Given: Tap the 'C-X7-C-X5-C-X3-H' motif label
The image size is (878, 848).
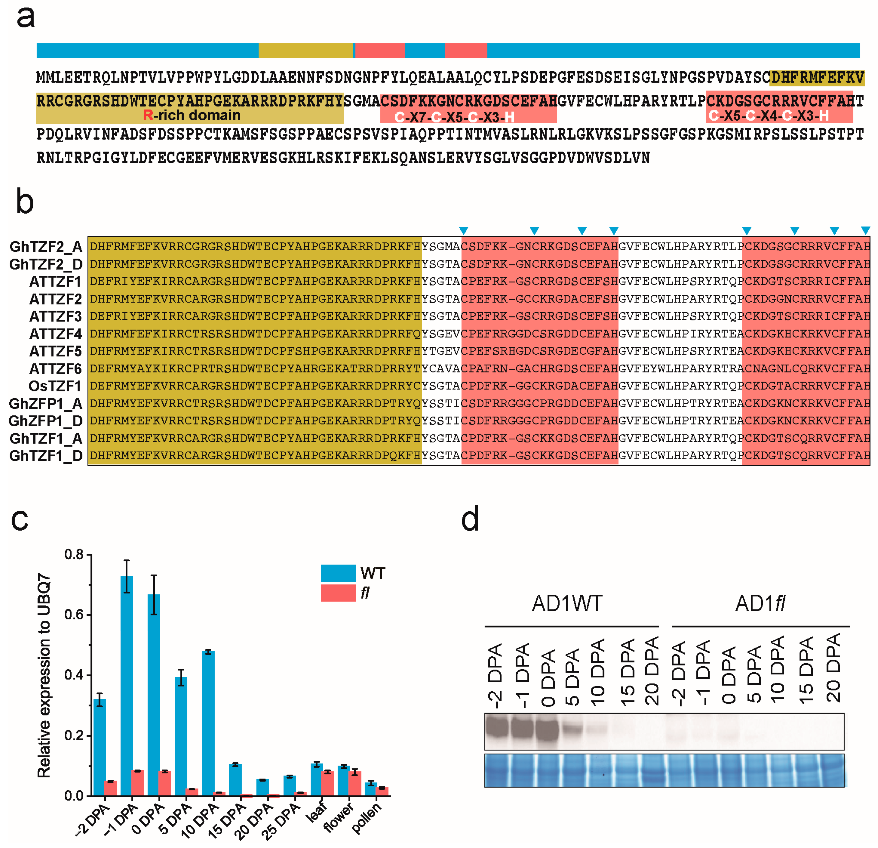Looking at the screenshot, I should tap(454, 118).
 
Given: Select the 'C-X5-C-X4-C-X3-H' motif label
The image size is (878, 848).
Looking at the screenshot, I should tap(769, 116).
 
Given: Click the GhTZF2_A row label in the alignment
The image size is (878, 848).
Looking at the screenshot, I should tap(46, 246).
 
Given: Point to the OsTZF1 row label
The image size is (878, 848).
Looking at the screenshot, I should tap(55, 386).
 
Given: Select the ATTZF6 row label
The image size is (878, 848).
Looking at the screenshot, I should tap(56, 368).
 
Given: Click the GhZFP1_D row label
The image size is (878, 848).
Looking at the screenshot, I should tap(46, 421).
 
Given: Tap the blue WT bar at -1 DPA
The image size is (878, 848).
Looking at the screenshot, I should tap(127, 686).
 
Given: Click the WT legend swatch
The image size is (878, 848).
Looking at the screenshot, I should tap(338, 573).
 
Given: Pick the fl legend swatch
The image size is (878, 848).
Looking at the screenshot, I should tap(338, 593).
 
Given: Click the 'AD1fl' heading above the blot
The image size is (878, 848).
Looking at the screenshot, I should tap(760, 603).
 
